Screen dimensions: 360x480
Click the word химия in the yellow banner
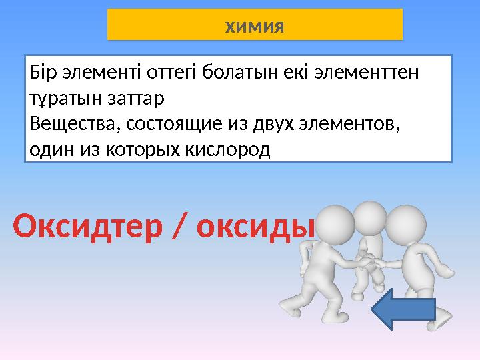pyautogui.click(x=255, y=27)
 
